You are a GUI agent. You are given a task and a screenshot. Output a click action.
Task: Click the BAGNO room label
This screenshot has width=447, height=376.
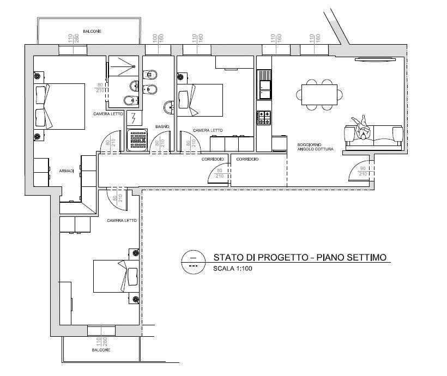162,126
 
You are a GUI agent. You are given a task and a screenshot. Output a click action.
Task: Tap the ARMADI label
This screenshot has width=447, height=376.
67,171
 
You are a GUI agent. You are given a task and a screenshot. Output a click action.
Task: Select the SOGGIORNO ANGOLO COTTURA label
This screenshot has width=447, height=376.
315,147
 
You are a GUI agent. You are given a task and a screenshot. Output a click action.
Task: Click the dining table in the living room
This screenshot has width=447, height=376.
319,95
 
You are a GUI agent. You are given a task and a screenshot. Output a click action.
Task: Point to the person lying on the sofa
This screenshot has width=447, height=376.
361,128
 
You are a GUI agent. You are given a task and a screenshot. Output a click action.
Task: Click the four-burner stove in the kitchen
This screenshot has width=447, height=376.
264,118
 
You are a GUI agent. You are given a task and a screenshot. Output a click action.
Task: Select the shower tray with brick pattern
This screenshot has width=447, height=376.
138,140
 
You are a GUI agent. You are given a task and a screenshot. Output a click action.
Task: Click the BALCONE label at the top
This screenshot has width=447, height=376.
92,31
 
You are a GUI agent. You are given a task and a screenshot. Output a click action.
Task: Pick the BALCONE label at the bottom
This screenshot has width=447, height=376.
101,350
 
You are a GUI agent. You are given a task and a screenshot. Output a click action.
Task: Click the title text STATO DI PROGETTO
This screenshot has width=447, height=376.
261,257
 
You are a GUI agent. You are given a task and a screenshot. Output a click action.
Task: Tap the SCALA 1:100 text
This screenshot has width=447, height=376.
233,269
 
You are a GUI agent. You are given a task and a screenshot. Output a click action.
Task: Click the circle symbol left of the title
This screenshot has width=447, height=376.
194,262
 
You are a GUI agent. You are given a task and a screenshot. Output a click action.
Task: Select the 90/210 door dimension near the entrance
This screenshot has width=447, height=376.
363,171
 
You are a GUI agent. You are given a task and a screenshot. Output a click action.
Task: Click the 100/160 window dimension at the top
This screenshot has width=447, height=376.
158,38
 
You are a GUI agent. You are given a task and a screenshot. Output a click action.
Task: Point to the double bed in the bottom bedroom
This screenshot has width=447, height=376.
116,276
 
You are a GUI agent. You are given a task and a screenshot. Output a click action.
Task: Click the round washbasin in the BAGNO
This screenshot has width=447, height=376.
170,107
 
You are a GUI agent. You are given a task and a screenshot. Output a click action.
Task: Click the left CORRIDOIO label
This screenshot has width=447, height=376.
213,159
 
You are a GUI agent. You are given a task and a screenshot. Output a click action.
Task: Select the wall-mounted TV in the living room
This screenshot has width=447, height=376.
375,59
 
